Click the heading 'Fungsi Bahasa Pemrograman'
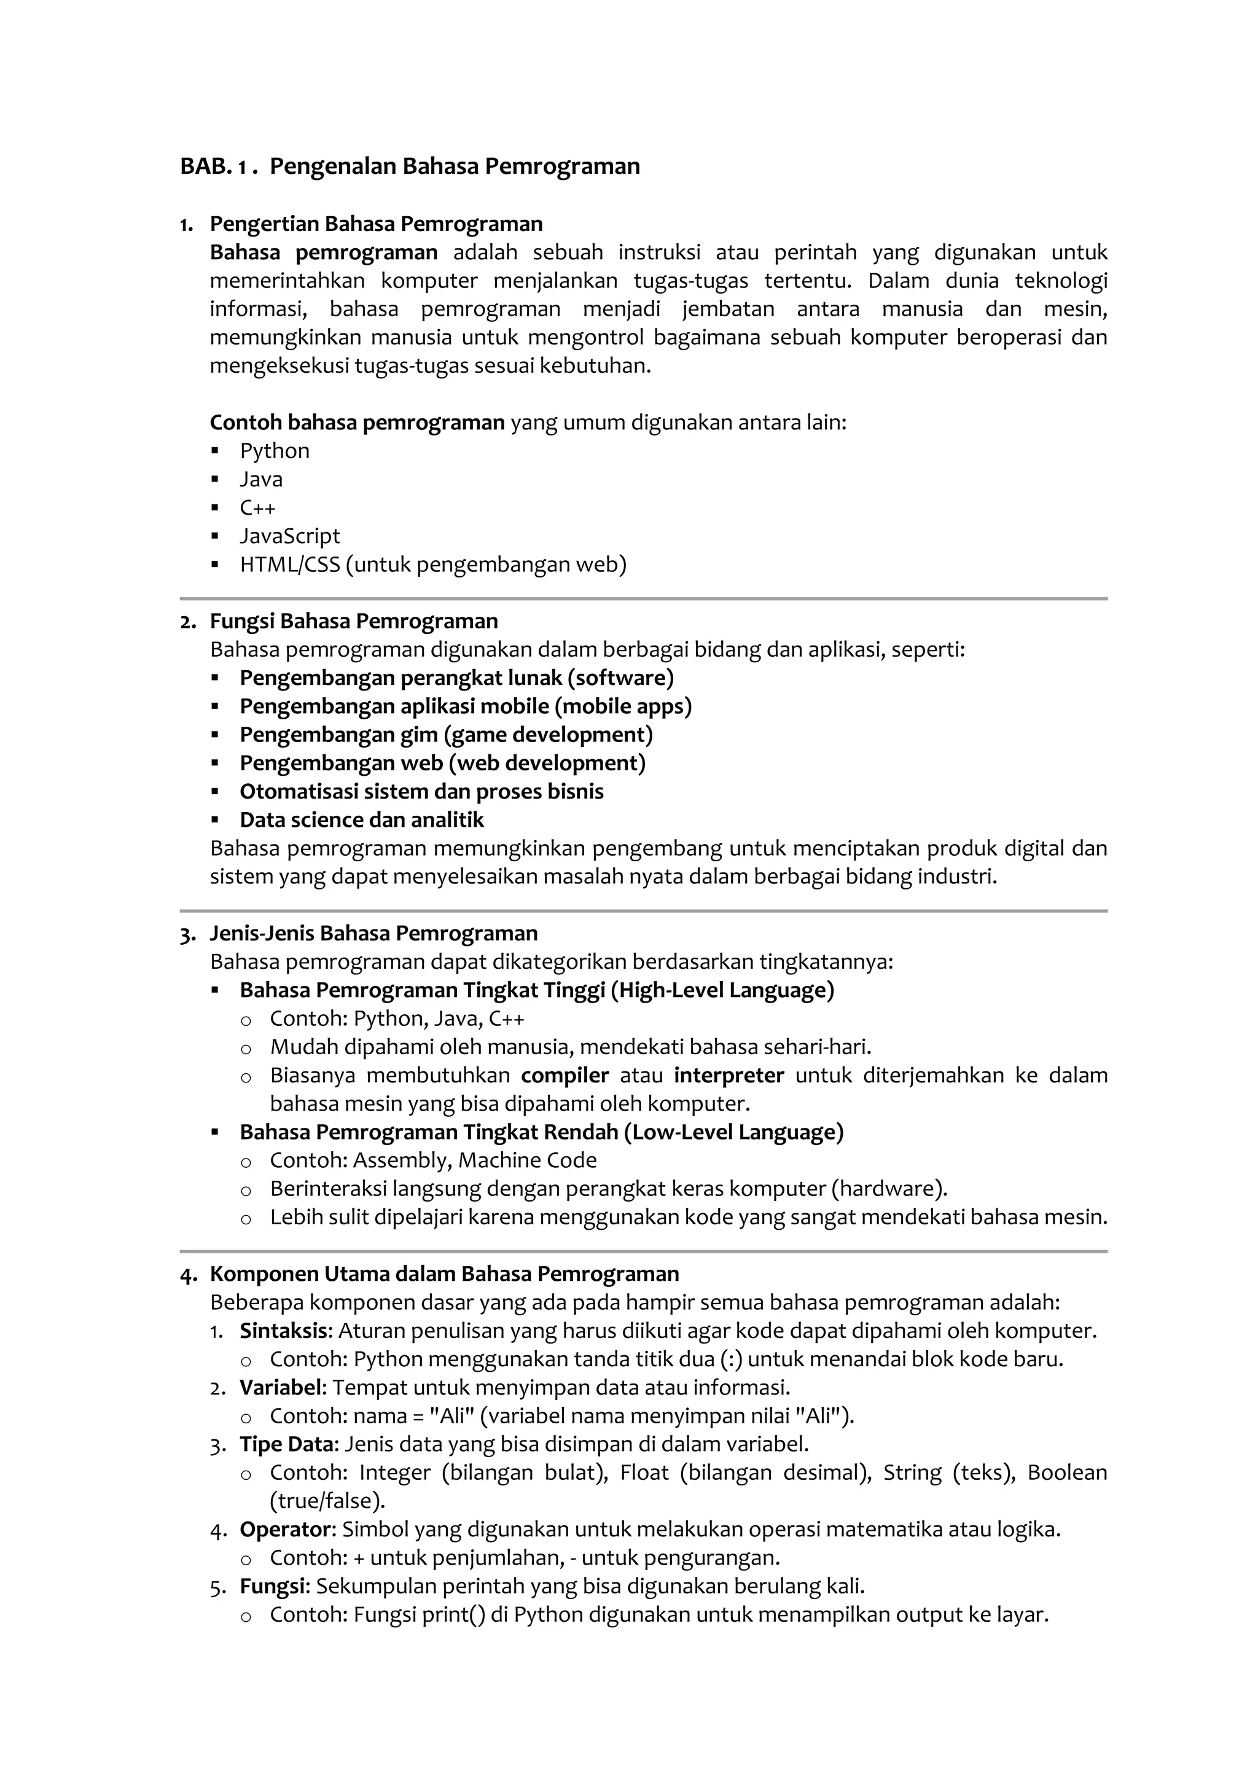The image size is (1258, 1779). pos(353,622)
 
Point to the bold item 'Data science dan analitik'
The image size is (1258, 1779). pos(361,819)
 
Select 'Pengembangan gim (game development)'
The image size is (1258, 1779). pos(445,735)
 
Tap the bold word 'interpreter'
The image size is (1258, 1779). pos(728,1076)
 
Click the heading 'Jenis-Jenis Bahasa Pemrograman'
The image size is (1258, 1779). pos(375,934)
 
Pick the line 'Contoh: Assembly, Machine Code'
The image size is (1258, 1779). pos(432,1160)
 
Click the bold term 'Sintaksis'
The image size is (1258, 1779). pos(284,1331)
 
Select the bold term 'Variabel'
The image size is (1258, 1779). pos(281,1388)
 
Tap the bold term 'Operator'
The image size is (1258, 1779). pos(285,1530)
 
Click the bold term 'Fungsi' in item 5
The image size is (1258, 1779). pos(274,1586)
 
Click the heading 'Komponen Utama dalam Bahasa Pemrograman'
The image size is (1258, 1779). pos(444,1275)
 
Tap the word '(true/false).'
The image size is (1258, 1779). pos(327,1501)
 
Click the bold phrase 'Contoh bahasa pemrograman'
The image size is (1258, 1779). pos(357,423)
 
